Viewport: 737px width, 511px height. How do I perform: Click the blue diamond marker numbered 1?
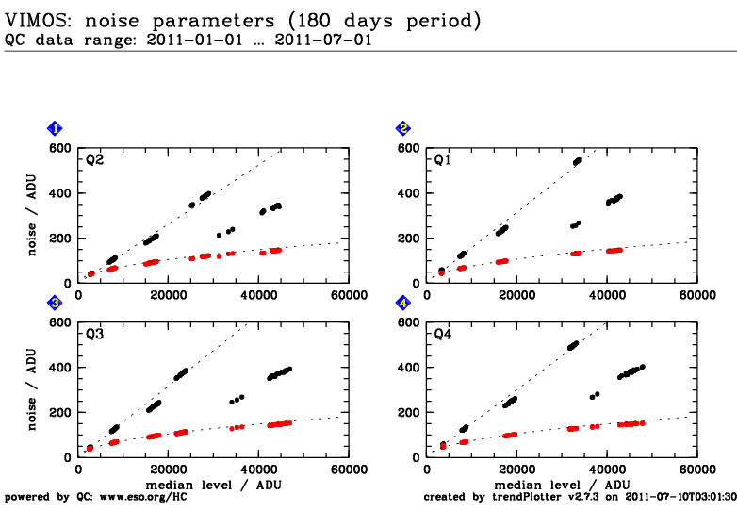56,128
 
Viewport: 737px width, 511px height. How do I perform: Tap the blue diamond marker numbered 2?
403,128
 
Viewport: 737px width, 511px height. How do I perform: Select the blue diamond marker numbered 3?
56,303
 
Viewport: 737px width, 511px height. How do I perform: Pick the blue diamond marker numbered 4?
403,303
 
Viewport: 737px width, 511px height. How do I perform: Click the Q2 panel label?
94,160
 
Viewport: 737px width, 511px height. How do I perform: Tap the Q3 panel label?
94,335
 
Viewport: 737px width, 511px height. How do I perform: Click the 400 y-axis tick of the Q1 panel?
408,193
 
